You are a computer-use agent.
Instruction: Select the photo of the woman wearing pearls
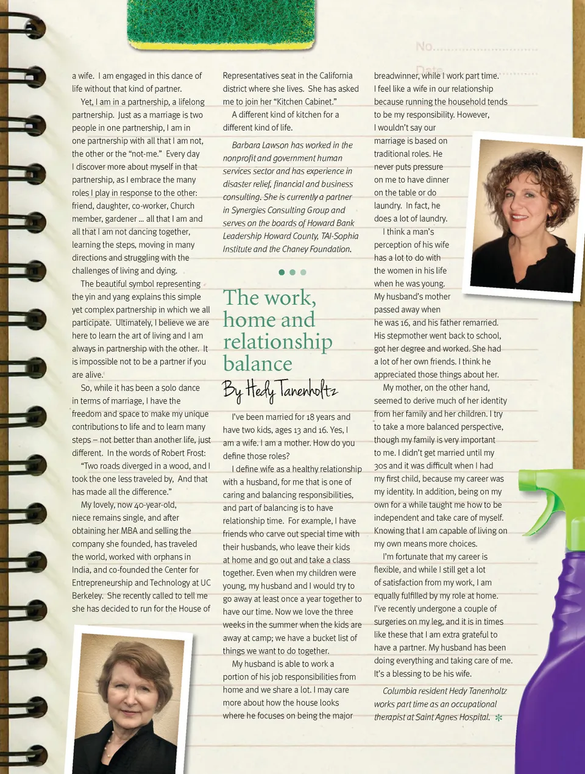[x=129, y=704]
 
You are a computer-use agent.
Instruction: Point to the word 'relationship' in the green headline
[x=278, y=342]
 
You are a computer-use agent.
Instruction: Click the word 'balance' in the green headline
[x=258, y=364]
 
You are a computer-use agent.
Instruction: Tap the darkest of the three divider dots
[x=282, y=272]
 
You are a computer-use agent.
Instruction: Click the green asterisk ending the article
[x=498, y=718]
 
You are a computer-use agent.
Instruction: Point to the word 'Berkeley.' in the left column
[x=87, y=595]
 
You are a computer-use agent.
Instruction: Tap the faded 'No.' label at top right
[x=425, y=47]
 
